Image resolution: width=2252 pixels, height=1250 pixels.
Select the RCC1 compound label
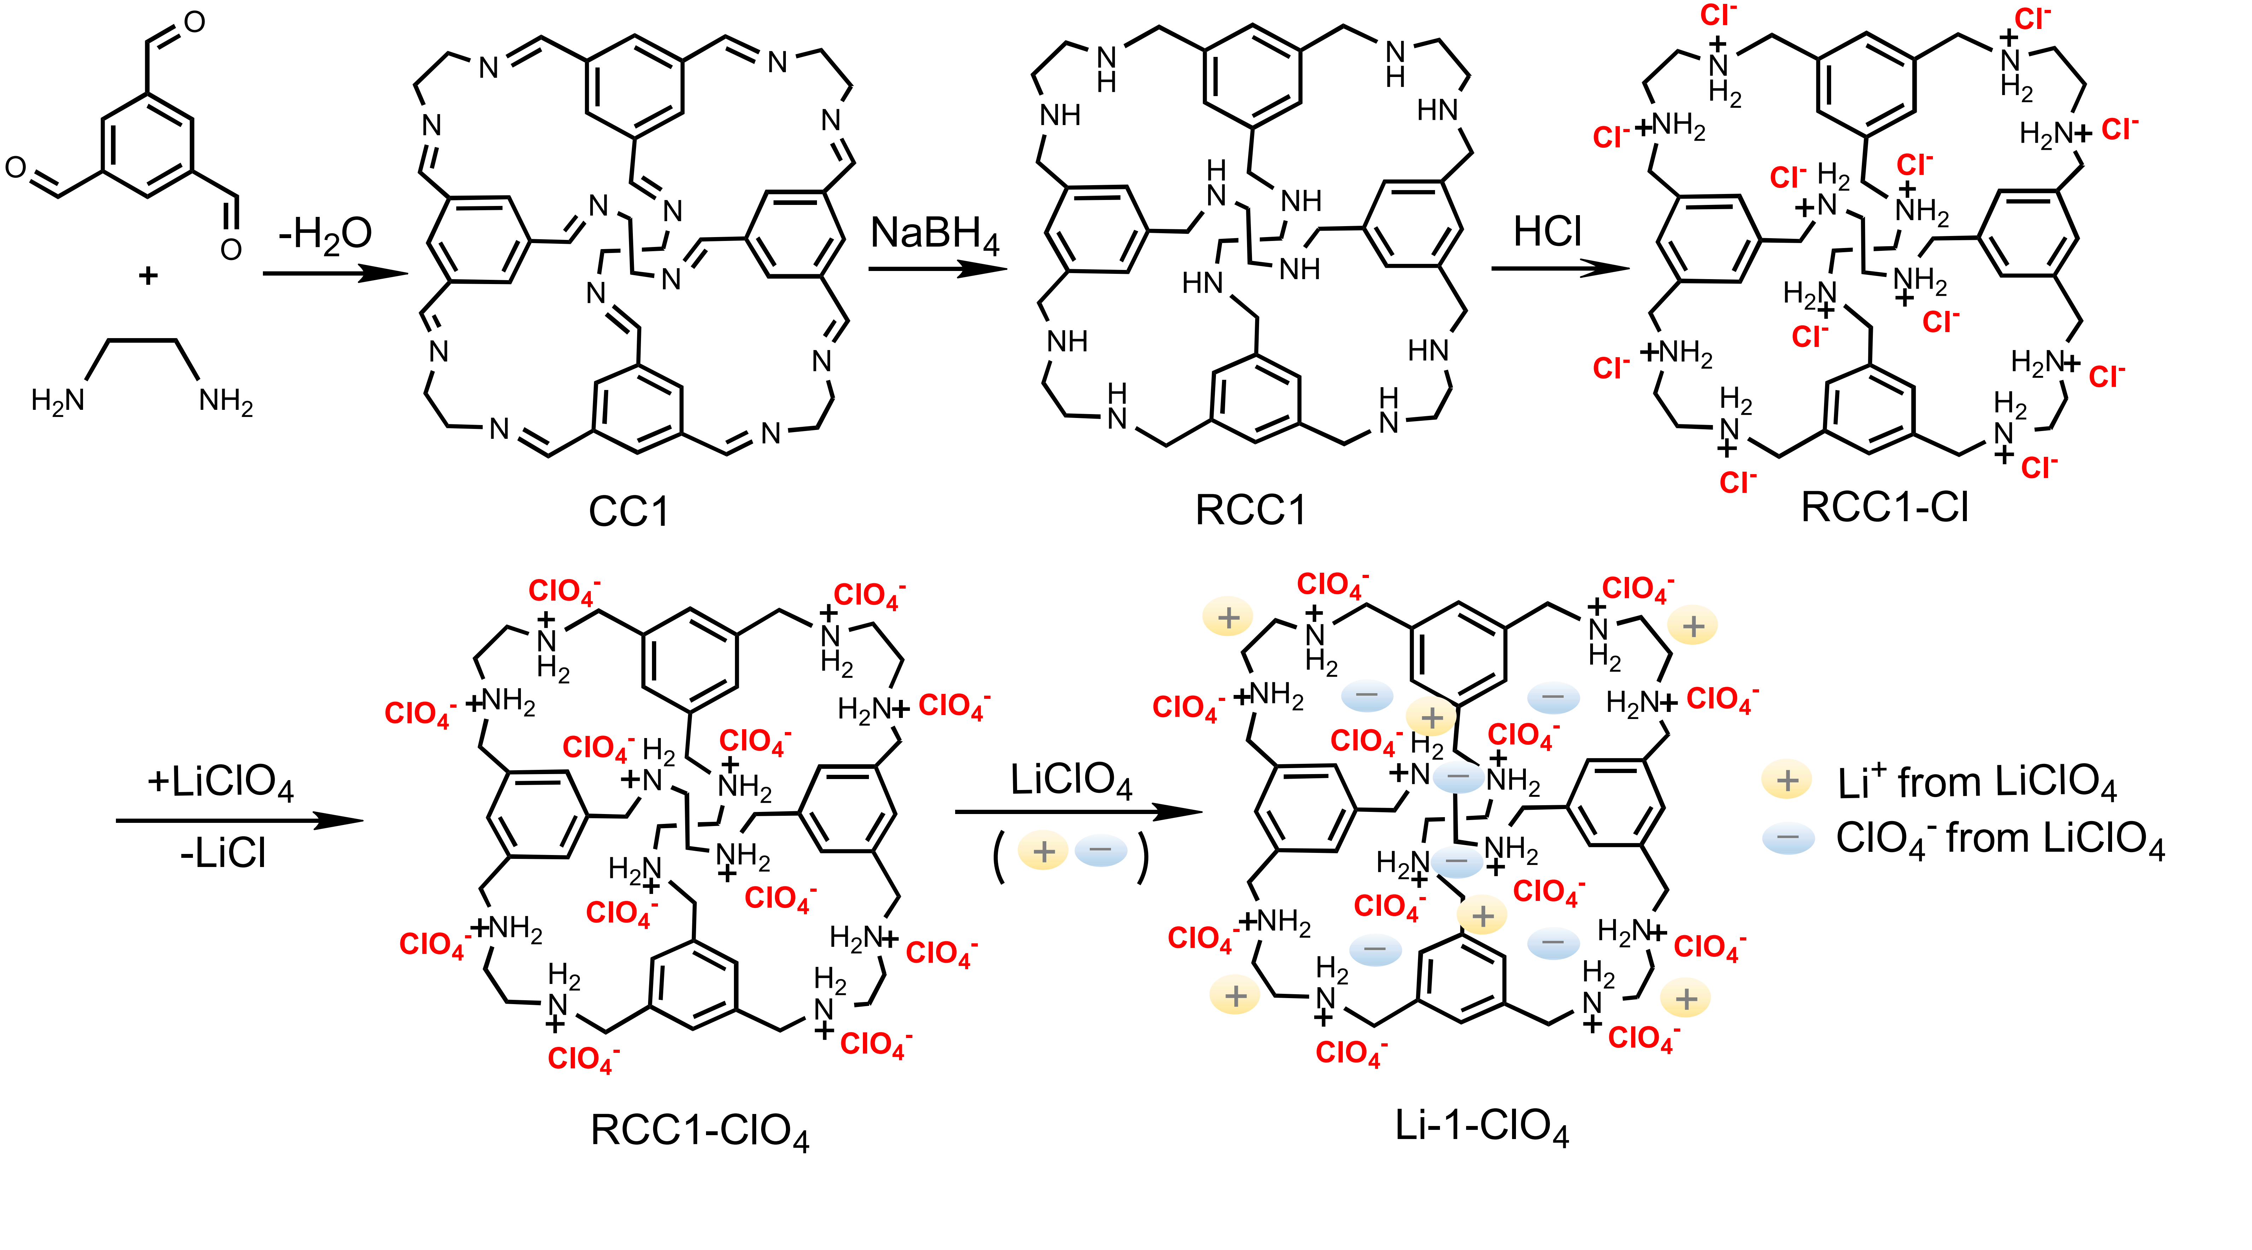(1250, 509)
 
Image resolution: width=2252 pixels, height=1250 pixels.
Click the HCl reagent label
(1547, 232)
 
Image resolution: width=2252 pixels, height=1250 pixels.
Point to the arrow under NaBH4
(937, 269)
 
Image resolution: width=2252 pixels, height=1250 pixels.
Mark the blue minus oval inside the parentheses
(1101, 850)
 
